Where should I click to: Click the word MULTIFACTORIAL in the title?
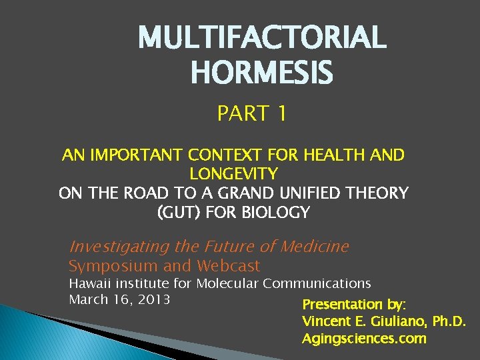pyautogui.click(x=262, y=37)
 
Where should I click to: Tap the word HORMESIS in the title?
pyautogui.click(x=262, y=72)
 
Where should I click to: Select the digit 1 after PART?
pyautogui.click(x=281, y=114)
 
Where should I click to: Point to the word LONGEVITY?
pyautogui.click(x=233, y=175)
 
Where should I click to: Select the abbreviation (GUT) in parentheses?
pyautogui.click(x=179, y=213)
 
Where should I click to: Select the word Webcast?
pyautogui.click(x=228, y=266)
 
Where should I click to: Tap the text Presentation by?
pyautogui.click(x=353, y=305)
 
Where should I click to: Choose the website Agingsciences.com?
pyautogui.click(x=364, y=339)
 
